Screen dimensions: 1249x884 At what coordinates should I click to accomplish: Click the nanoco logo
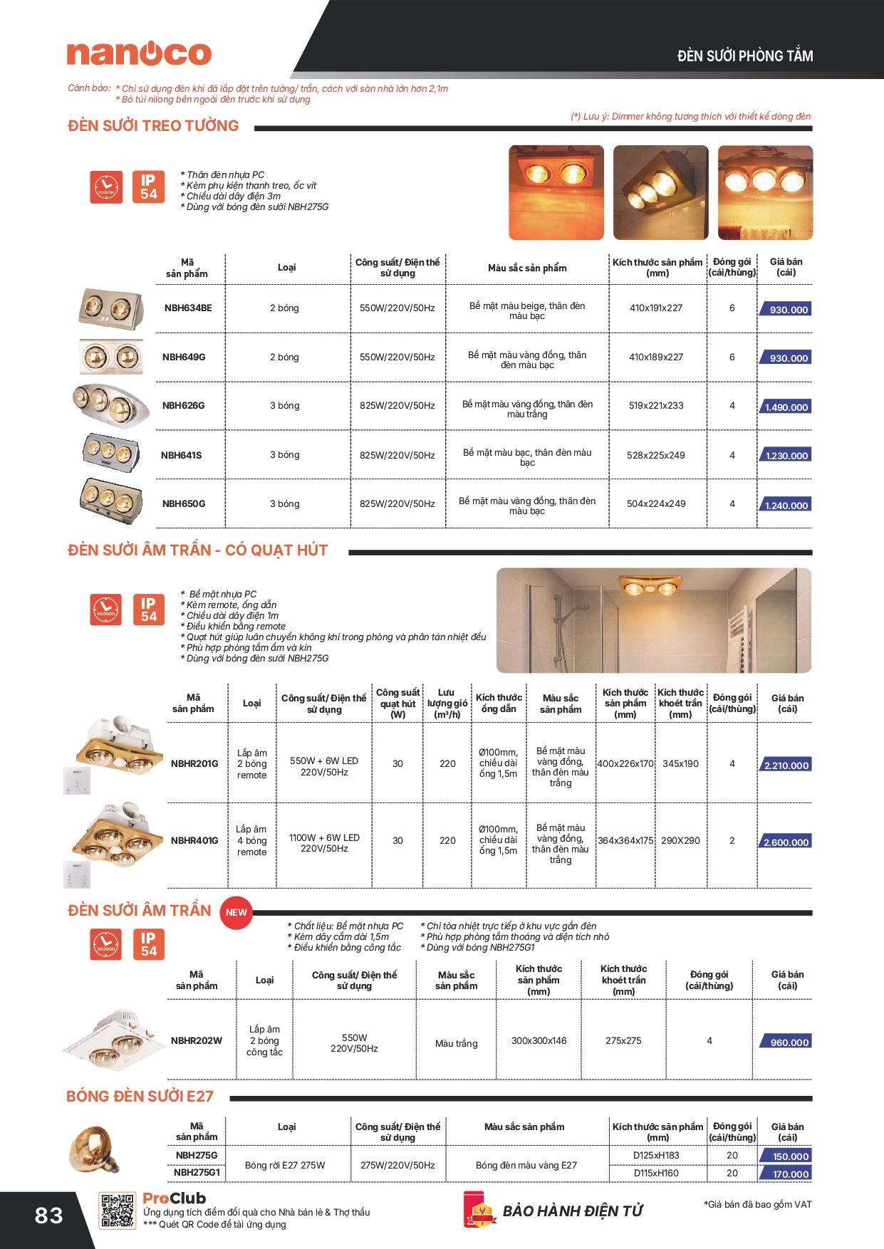click(139, 53)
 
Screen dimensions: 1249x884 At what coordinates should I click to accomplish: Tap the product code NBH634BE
click(188, 308)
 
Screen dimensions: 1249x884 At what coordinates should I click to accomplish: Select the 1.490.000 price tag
click(786, 407)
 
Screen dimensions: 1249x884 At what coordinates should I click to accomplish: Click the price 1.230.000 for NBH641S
click(786, 456)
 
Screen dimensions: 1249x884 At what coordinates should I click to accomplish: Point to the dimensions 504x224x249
click(656, 504)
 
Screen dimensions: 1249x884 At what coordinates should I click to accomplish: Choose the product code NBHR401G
click(194, 841)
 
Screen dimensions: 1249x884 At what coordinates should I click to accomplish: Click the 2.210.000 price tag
click(786, 765)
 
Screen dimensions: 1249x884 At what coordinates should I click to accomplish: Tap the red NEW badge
click(236, 912)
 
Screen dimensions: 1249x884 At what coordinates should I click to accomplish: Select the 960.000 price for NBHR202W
click(789, 1042)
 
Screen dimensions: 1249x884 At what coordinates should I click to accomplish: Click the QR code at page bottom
click(117, 1211)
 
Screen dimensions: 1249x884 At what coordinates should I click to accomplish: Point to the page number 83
click(48, 1216)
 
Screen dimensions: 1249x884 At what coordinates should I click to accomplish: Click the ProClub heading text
click(175, 1198)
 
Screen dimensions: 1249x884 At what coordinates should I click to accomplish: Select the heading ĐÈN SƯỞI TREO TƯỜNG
click(153, 126)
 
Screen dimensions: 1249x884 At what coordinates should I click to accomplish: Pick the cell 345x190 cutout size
click(680, 763)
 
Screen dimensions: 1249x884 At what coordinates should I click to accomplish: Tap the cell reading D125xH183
click(656, 1156)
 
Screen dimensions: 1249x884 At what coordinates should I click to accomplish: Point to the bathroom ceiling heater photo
click(653, 620)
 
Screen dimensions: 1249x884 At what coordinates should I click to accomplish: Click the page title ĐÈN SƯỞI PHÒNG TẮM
click(745, 56)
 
